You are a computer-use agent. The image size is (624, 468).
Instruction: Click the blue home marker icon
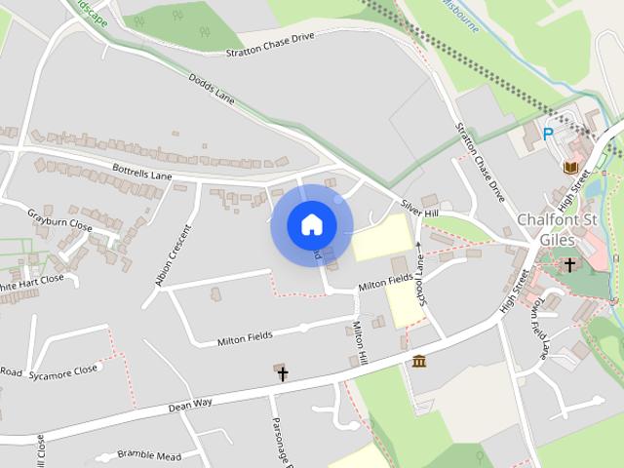pos(311,225)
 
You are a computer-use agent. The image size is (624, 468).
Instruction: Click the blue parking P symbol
pos(548,134)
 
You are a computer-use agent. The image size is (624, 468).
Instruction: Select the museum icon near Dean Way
pos(419,362)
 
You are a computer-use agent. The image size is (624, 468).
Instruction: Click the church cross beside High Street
pos(570,264)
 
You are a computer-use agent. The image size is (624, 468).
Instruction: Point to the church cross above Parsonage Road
pos(283,373)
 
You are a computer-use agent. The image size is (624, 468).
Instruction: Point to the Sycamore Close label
pos(63,370)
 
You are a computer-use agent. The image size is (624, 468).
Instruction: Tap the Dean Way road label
pos(189,403)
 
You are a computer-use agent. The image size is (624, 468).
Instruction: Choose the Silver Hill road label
pos(420,209)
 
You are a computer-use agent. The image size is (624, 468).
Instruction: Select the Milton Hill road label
pos(359,343)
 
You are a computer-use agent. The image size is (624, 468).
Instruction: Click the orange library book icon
pos(570,168)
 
